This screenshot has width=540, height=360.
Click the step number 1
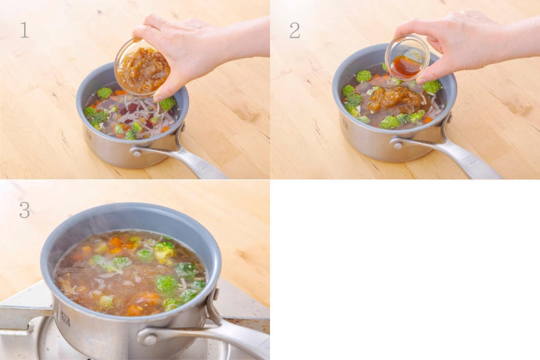(x=24, y=29)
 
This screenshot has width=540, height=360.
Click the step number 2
(x=295, y=30)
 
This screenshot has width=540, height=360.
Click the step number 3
(x=25, y=210)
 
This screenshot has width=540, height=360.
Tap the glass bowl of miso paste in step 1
(x=142, y=67)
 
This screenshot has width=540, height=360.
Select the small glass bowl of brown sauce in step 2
(x=407, y=58)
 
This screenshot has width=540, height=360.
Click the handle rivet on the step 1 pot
(x=136, y=152)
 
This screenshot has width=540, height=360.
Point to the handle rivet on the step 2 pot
(x=398, y=145)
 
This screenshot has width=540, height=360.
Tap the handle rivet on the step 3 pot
(x=150, y=340)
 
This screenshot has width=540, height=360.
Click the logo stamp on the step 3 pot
(x=65, y=319)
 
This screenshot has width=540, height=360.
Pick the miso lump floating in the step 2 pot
(x=395, y=99)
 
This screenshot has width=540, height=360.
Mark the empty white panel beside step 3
(x=405, y=270)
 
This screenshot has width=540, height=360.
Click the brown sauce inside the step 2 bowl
(x=406, y=67)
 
